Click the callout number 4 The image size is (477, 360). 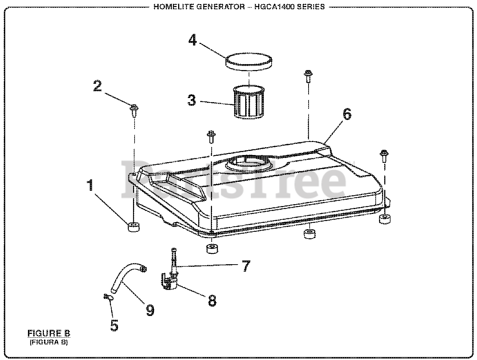[x=192, y=40]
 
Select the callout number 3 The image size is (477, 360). [x=191, y=100]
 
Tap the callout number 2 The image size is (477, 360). [x=97, y=86]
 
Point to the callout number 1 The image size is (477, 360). [x=90, y=185]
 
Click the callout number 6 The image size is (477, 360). [x=347, y=114]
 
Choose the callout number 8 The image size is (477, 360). [x=212, y=301]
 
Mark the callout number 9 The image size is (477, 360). [x=150, y=310]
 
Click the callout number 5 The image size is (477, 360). [x=114, y=325]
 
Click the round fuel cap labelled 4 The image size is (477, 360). [x=248, y=61]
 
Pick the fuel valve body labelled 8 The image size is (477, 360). [x=170, y=281]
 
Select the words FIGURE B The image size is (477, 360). [x=49, y=333]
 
